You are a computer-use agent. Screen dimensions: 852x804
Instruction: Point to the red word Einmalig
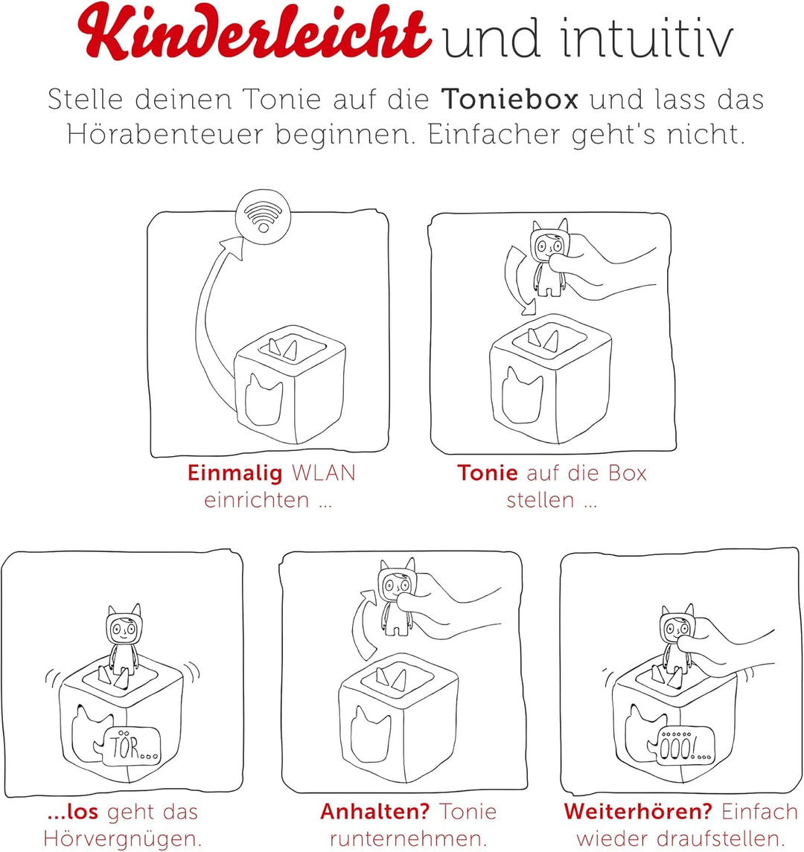[235, 473]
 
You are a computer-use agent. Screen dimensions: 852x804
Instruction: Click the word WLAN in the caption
[322, 473]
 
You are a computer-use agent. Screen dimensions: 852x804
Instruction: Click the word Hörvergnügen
[123, 838]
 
